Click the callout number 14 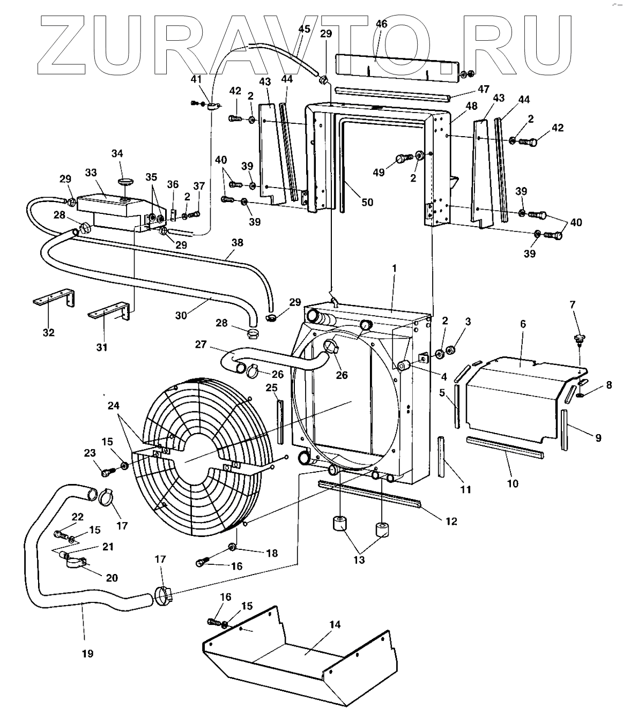click(x=335, y=625)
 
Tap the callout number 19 click(x=87, y=653)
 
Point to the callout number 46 click(x=381, y=24)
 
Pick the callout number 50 click(x=367, y=202)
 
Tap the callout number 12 click(x=451, y=520)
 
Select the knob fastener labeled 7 click(x=578, y=338)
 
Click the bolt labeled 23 click(x=107, y=472)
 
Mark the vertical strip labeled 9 click(x=565, y=429)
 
